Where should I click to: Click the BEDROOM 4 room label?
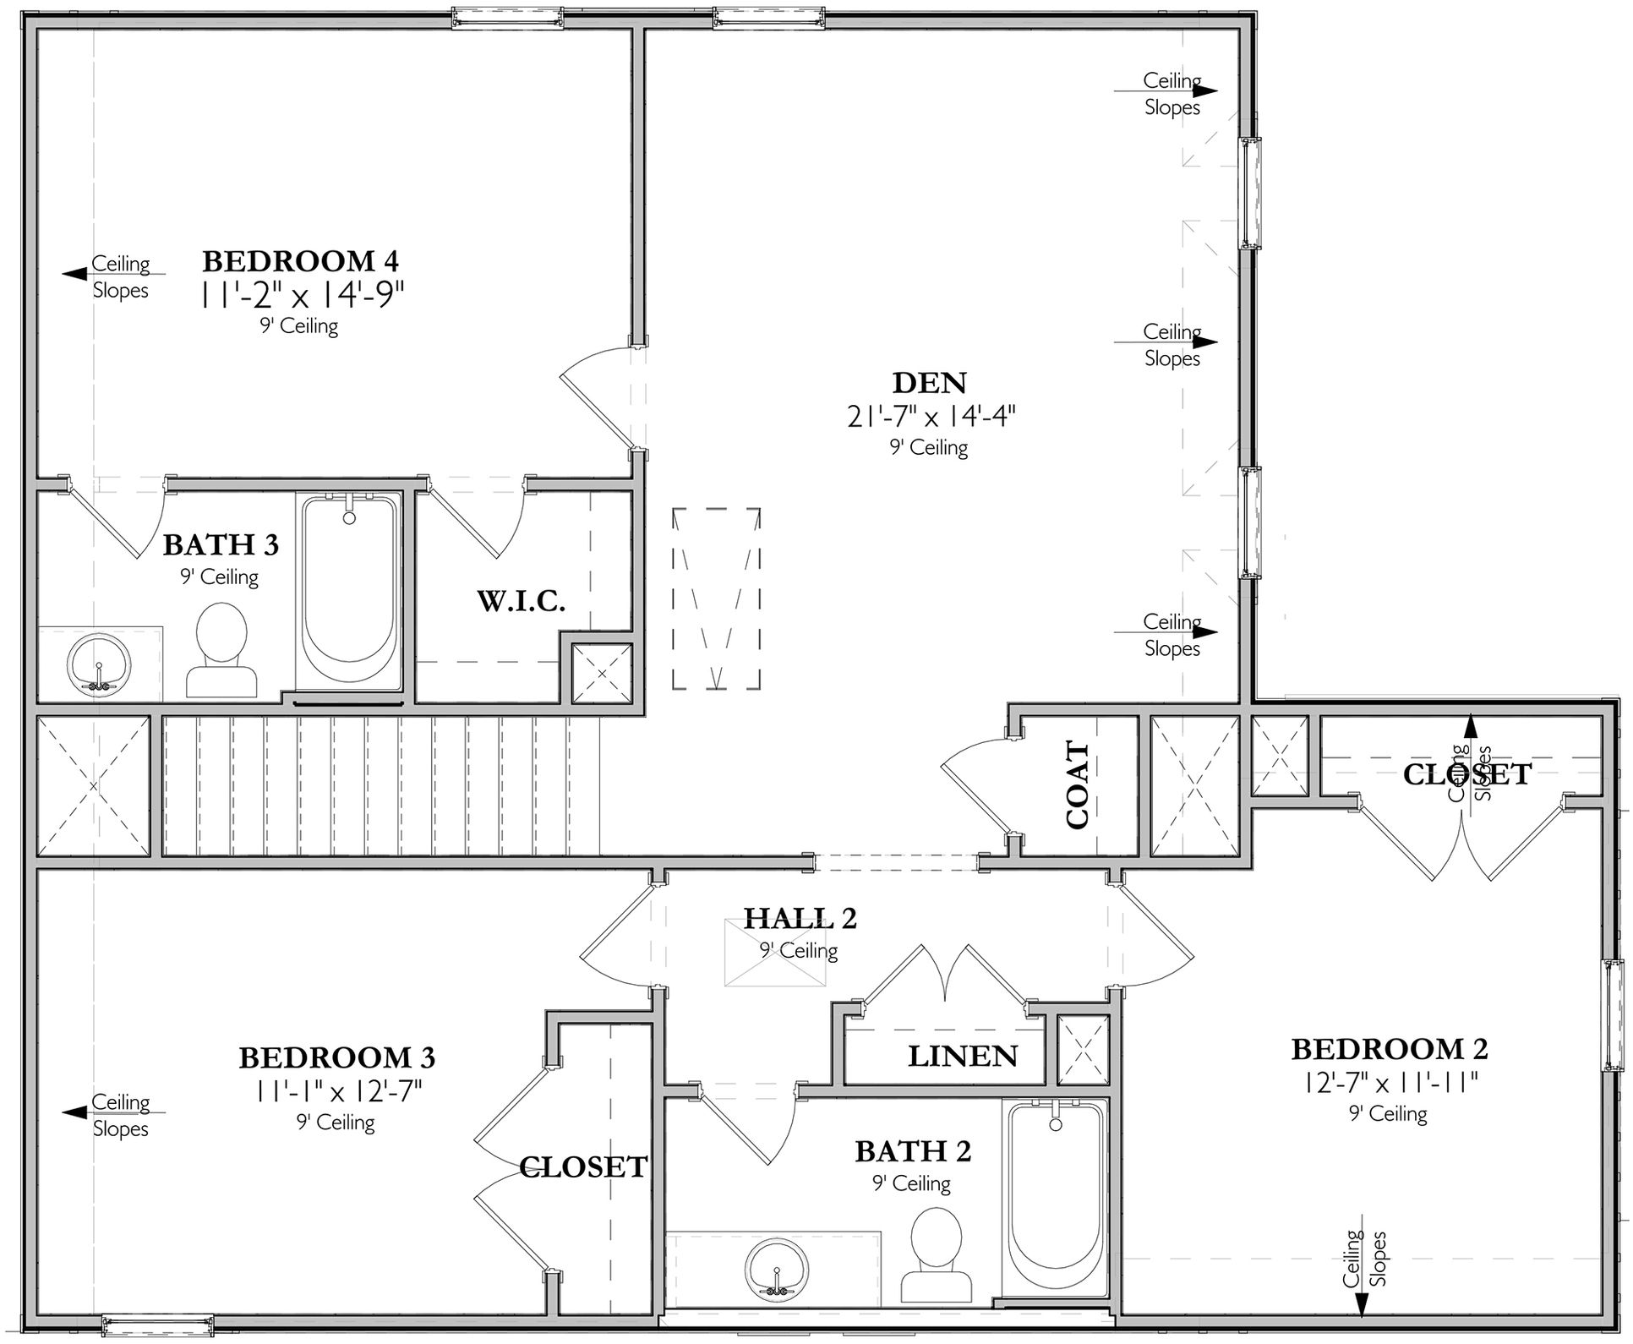(x=300, y=260)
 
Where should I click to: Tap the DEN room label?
(x=930, y=383)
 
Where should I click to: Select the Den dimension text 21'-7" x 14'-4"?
(x=931, y=416)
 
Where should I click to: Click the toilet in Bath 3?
(x=221, y=649)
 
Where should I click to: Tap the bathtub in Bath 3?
(x=350, y=590)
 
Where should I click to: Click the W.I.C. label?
(x=521, y=601)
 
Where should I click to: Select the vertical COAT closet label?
(x=1077, y=785)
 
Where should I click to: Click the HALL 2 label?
(x=800, y=918)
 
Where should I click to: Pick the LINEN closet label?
(x=963, y=1056)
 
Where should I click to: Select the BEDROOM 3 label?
(x=336, y=1057)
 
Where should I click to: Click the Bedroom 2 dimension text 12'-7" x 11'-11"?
(x=1389, y=1082)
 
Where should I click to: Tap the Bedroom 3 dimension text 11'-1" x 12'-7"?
(x=337, y=1091)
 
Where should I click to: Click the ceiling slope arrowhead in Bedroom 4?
(x=74, y=274)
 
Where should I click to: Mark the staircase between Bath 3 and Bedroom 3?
(x=380, y=786)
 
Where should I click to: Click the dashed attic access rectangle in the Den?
(x=717, y=598)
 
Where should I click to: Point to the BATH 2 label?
(x=913, y=1151)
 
